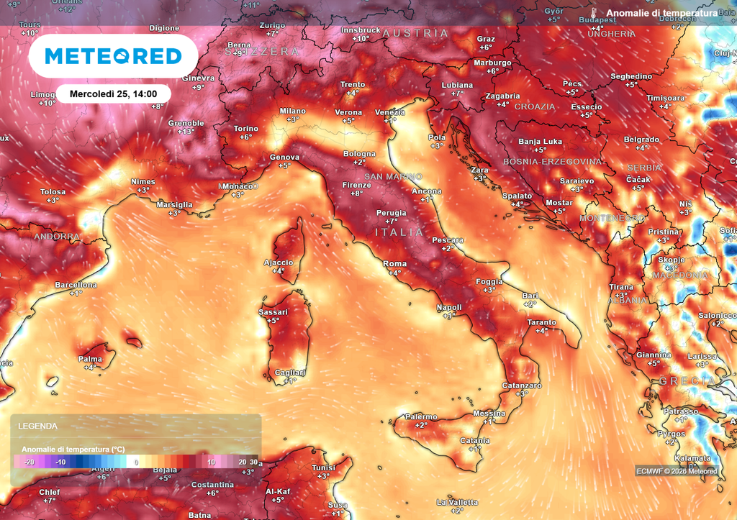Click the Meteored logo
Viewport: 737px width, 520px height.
pyautogui.click(x=113, y=56)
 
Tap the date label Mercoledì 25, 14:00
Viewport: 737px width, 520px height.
pyautogui.click(x=114, y=93)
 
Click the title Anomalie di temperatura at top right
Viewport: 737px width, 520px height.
pyautogui.click(x=661, y=13)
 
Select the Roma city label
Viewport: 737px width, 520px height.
pyautogui.click(x=394, y=264)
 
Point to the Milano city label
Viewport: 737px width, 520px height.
pyautogui.click(x=293, y=111)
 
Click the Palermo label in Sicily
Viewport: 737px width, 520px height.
pyautogui.click(x=421, y=416)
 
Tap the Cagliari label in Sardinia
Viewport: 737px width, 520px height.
pyautogui.click(x=290, y=372)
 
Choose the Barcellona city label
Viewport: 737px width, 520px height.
pyautogui.click(x=76, y=285)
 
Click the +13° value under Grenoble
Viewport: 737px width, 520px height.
pyautogui.click(x=186, y=132)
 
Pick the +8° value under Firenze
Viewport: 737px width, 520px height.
pyautogui.click(x=356, y=193)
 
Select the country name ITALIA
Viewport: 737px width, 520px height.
pyautogui.click(x=399, y=232)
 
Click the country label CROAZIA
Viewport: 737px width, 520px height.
pyautogui.click(x=535, y=106)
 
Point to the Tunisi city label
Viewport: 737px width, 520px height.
pyautogui.click(x=323, y=467)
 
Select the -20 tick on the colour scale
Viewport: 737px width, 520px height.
pyautogui.click(x=29, y=462)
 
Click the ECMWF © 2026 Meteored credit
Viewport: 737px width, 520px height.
pyautogui.click(x=676, y=471)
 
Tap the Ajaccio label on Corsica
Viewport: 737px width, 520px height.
pyautogui.click(x=279, y=263)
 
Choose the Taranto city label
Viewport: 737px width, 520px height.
pyautogui.click(x=541, y=322)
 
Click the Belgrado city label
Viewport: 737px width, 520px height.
pyautogui.click(x=641, y=139)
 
